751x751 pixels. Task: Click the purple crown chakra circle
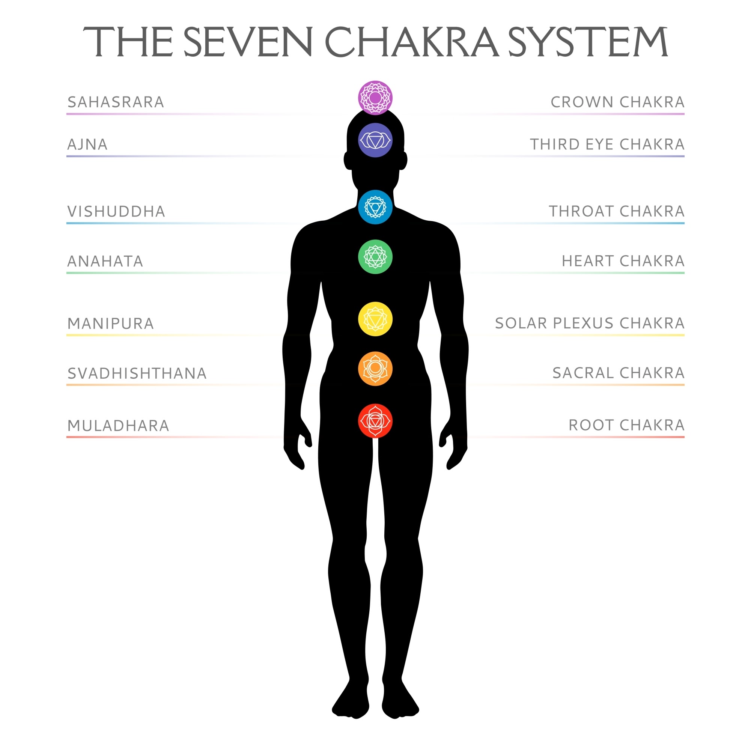click(x=375, y=98)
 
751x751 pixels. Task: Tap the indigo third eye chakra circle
click(x=375, y=140)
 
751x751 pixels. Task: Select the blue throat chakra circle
click(x=375, y=207)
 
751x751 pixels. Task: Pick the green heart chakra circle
click(x=375, y=257)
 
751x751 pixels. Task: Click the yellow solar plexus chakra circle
click(x=375, y=319)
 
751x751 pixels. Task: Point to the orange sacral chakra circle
click(x=375, y=369)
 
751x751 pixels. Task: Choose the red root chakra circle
click(x=375, y=421)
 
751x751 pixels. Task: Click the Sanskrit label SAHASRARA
click(x=116, y=102)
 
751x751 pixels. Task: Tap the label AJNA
click(x=87, y=144)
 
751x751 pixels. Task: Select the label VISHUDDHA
click(x=117, y=212)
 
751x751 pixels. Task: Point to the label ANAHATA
click(x=105, y=261)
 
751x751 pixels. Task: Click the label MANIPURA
click(x=111, y=324)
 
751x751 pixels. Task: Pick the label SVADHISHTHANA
click(x=137, y=373)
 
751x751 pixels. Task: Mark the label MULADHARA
click(x=119, y=426)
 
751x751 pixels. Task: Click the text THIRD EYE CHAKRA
click(x=607, y=144)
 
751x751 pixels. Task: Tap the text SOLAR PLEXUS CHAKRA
click(x=590, y=323)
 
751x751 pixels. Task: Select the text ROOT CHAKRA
click(x=626, y=425)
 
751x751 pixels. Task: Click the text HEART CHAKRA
click(x=623, y=261)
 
